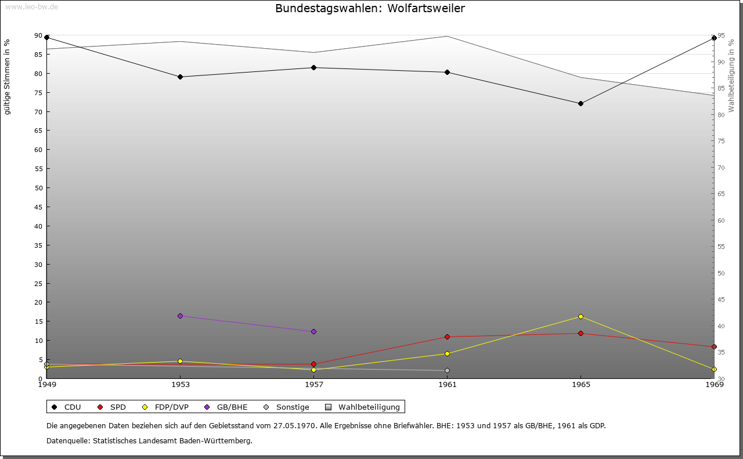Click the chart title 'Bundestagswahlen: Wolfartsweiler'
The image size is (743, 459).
click(370, 8)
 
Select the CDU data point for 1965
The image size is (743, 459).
click(580, 104)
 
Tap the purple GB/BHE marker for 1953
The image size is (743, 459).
click(180, 316)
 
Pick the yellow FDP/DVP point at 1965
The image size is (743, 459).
click(580, 317)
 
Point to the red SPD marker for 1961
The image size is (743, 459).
click(447, 337)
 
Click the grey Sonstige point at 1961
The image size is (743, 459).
click(447, 370)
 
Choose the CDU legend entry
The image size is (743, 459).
click(66, 407)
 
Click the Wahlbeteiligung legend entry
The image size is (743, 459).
click(363, 407)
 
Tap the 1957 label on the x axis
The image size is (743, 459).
click(314, 385)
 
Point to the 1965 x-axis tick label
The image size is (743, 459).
click(581, 385)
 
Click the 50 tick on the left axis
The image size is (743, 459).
click(38, 188)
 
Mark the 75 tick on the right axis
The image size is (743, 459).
click(721, 141)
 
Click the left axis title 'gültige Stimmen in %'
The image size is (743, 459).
click(7, 77)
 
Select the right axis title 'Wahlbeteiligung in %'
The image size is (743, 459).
click(731, 76)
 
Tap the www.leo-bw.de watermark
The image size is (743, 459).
click(32, 6)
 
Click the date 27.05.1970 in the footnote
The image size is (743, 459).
click(294, 426)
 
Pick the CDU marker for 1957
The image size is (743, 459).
click(314, 68)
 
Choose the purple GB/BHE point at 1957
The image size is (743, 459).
click(314, 332)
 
